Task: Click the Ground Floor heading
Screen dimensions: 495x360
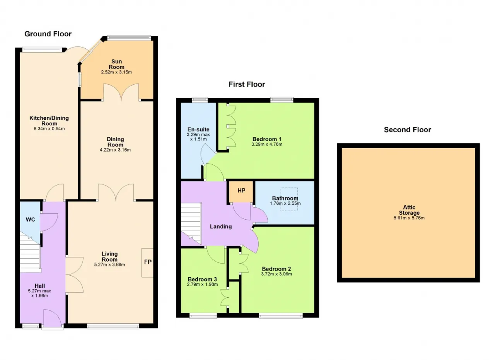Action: click(48, 34)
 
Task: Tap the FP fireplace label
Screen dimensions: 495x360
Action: click(148, 262)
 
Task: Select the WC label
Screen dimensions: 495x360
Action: click(31, 220)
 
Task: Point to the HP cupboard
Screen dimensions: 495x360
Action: click(241, 192)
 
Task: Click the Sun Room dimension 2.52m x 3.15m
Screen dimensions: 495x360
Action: click(116, 72)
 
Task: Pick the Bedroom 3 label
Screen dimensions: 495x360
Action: click(202, 279)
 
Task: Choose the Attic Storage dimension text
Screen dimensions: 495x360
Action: click(409, 218)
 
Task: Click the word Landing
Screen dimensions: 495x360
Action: click(221, 227)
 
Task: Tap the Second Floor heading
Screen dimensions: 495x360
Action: click(408, 130)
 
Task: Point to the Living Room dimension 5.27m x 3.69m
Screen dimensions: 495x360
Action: click(109, 264)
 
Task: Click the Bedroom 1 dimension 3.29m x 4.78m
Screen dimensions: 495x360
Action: click(267, 144)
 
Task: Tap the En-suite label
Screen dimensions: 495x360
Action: click(198, 130)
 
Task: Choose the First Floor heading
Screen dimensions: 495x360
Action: click(247, 84)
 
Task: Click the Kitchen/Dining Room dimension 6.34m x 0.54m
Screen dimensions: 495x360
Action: click(49, 129)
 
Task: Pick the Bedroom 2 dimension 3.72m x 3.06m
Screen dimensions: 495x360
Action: click(277, 274)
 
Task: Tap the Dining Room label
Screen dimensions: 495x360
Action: click(115, 142)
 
